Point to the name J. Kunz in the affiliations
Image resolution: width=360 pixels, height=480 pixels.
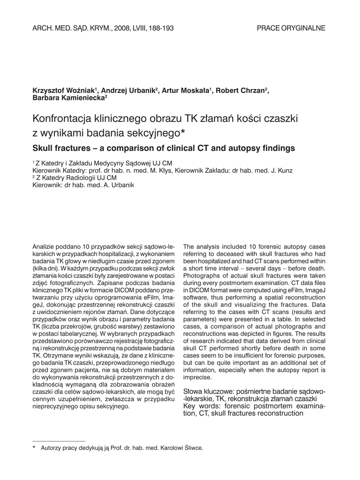click(x=282, y=171)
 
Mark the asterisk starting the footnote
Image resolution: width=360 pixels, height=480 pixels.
click(x=34, y=448)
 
